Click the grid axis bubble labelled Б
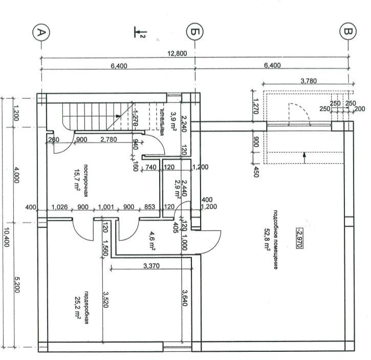[x=194, y=33]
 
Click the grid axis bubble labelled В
[x=348, y=33]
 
